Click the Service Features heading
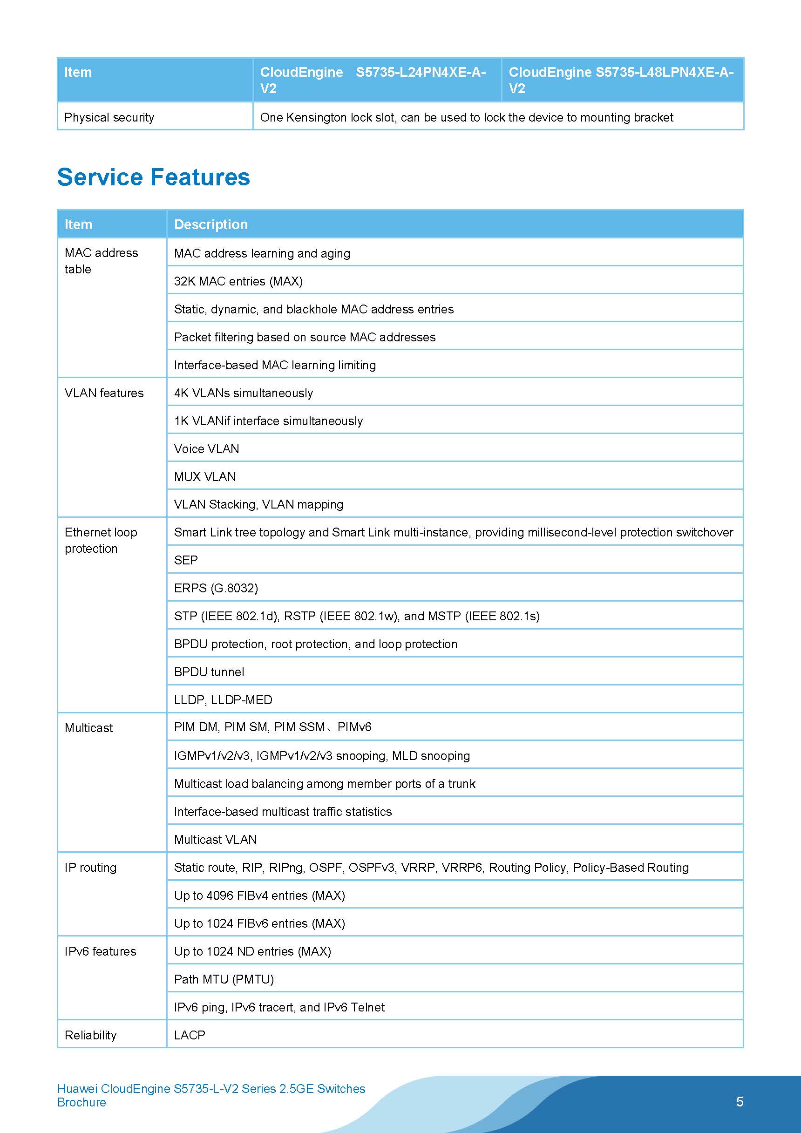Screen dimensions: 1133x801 (x=154, y=176)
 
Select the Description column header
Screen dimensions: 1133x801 (x=211, y=224)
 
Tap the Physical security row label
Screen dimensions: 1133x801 (x=109, y=117)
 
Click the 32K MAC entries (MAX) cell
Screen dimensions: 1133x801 (x=238, y=281)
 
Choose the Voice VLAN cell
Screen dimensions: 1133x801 (x=206, y=448)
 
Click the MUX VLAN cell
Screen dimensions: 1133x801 (x=205, y=477)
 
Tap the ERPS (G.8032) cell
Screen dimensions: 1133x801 (x=216, y=588)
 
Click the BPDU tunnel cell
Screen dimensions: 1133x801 (x=209, y=672)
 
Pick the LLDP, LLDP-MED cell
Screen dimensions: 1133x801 (x=223, y=700)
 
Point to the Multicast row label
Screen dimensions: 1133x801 (x=89, y=728)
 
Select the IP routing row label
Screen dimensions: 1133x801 (x=91, y=868)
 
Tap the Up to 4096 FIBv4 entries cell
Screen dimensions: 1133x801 (x=259, y=895)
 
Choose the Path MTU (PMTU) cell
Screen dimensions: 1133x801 (x=224, y=979)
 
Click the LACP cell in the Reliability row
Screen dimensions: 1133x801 (x=190, y=1035)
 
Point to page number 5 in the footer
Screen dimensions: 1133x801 (x=740, y=1101)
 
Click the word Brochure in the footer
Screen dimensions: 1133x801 (x=81, y=1102)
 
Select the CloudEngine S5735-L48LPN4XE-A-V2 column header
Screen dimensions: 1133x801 (x=621, y=80)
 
